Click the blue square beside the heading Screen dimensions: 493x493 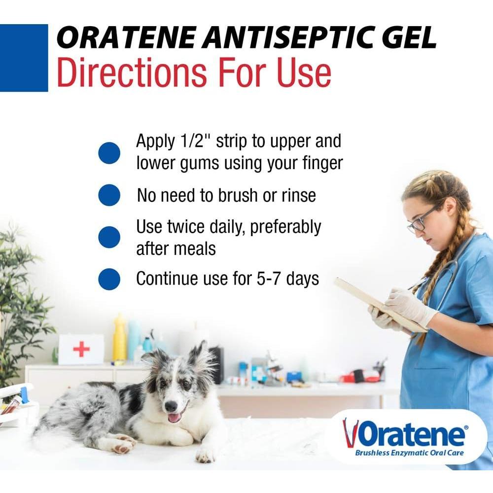point(24,58)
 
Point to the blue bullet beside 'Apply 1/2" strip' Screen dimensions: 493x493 point(109,153)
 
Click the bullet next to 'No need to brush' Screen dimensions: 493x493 point(109,195)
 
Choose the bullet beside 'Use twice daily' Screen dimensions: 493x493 point(109,237)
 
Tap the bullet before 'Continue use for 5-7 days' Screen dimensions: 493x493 point(109,279)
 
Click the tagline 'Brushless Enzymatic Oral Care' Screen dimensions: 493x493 point(409,453)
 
